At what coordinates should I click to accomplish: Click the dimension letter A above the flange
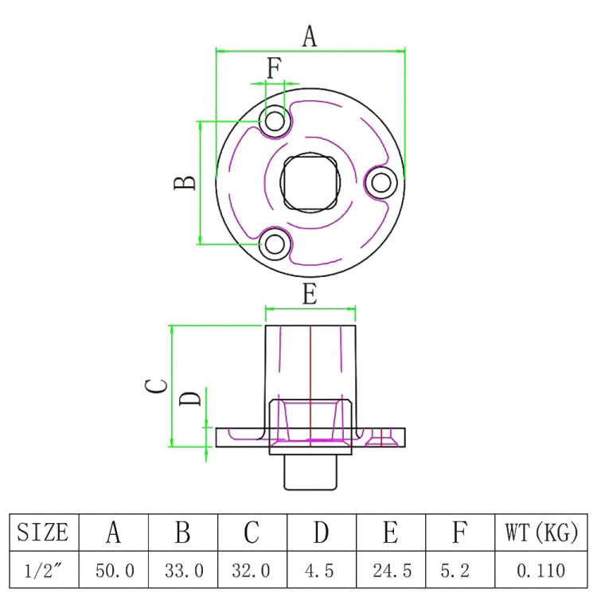coord(310,36)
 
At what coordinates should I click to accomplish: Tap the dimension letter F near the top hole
coord(274,69)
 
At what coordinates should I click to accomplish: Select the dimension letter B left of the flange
coord(185,182)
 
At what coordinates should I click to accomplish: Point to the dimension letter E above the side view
coord(310,295)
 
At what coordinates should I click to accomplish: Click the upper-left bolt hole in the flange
coord(276,122)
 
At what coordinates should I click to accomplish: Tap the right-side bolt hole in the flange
coord(381,183)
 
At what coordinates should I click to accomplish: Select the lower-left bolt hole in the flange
coord(276,244)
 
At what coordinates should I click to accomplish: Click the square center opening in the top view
coord(310,183)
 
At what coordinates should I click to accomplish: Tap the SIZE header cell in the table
coord(43,532)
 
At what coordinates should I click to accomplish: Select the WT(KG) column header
coord(540,532)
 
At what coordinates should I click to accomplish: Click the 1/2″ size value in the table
coord(43,570)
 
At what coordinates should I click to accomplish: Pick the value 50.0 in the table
coord(113,570)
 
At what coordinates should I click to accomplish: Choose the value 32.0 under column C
coord(252,570)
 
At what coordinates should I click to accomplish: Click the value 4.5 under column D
coord(321,570)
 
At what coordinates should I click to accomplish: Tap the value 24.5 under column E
coord(390,570)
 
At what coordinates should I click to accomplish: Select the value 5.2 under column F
coord(459,570)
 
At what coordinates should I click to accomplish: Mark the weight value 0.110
coord(540,570)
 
